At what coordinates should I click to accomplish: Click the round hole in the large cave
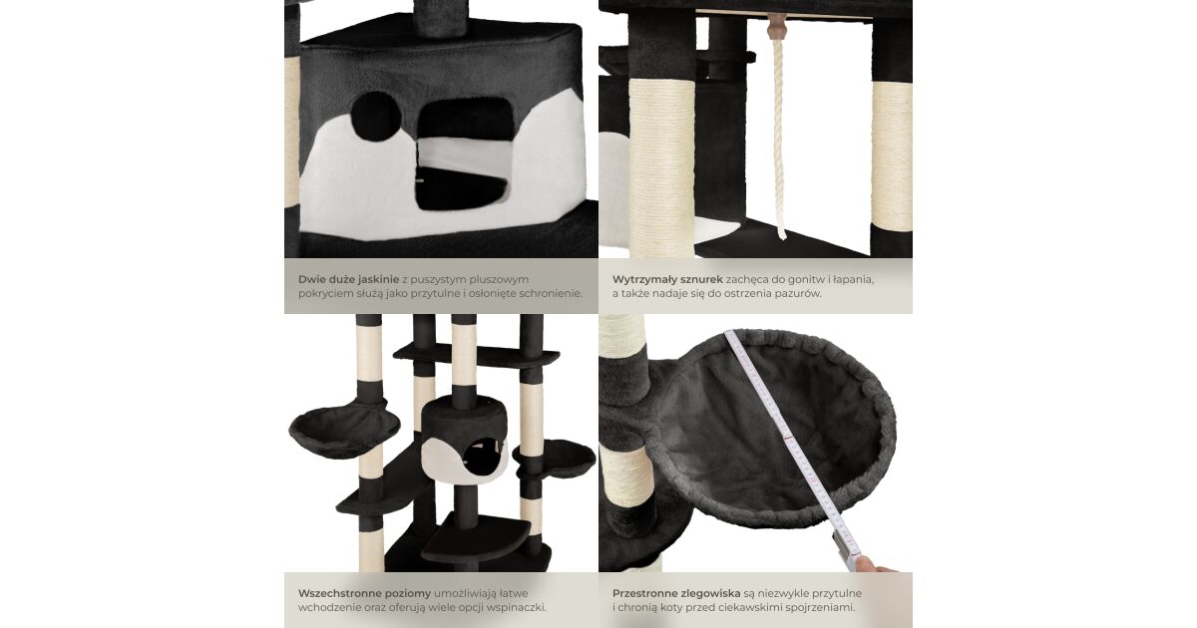[x=376, y=117]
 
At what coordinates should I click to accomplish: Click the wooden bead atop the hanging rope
[x=777, y=26]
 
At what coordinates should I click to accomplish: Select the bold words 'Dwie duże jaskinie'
[x=348, y=279]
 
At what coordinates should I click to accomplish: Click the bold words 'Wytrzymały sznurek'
[x=667, y=279]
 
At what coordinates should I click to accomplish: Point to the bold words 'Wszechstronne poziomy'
[x=364, y=593]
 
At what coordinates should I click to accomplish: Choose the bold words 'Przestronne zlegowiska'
[x=676, y=593]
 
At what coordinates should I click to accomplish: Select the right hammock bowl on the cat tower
[x=556, y=460]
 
